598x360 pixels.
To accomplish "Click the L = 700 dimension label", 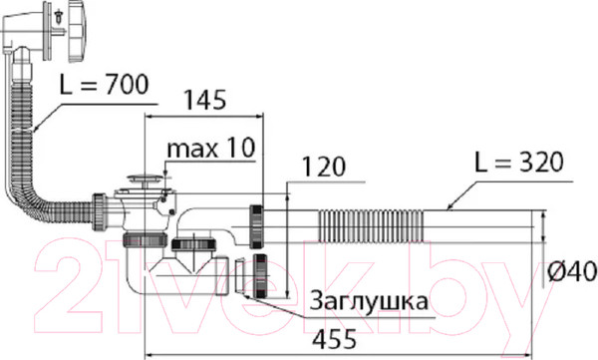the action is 104,85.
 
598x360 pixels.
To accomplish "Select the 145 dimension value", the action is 205,101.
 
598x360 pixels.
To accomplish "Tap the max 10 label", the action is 210,148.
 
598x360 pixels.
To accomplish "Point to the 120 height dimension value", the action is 324,167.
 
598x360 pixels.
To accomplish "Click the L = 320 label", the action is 518,162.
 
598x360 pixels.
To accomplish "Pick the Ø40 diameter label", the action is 572,272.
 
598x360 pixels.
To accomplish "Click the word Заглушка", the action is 369,301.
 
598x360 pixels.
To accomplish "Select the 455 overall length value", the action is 335,339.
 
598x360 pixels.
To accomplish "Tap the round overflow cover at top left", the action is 77,31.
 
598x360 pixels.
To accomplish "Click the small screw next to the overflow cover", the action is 60,16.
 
